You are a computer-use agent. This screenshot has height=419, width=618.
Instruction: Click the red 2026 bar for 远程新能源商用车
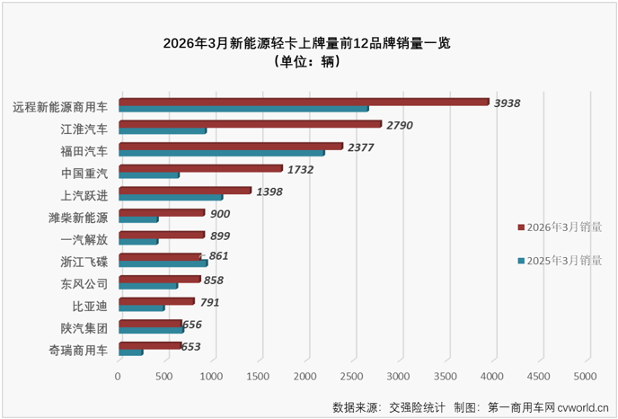tap(304, 102)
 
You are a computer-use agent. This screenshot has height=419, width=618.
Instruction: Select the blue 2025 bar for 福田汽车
tap(221, 153)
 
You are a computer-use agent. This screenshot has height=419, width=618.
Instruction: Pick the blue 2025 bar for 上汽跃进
tap(170, 197)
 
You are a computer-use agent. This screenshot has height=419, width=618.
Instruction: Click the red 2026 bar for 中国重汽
tap(200, 168)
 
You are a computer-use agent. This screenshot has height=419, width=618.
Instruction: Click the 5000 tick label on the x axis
tap(585, 375)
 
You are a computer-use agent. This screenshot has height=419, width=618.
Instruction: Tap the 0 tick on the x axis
tap(119, 375)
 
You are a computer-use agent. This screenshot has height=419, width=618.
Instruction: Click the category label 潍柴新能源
tap(78, 218)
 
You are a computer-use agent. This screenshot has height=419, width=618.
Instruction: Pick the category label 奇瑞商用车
tap(78, 351)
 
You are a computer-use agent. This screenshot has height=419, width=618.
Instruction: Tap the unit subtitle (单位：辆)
tap(309, 61)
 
